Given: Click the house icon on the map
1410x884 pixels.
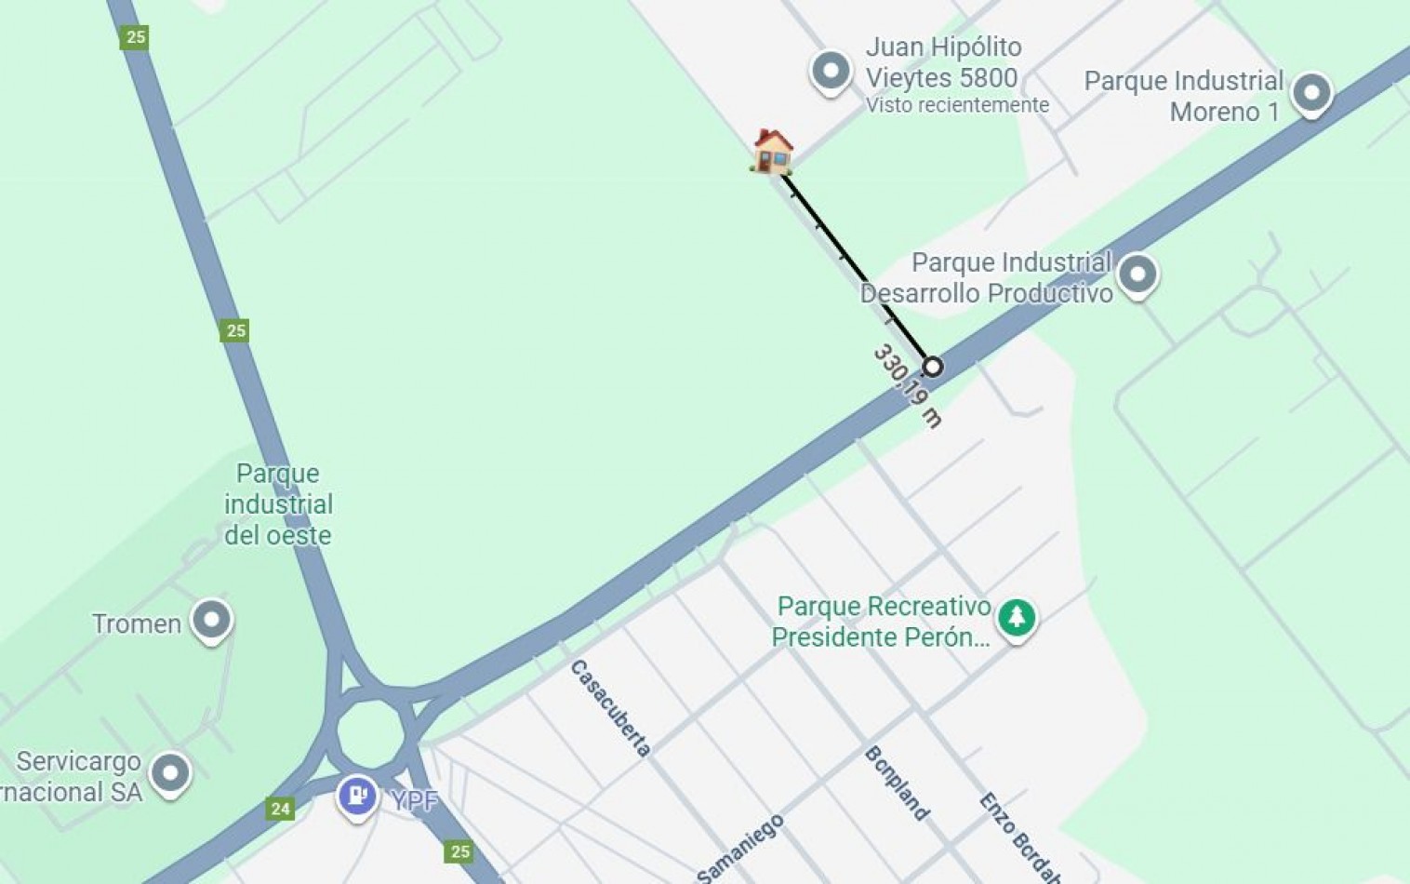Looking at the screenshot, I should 772,151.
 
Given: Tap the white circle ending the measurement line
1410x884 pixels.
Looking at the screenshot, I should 932,367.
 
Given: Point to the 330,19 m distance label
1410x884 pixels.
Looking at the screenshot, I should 907,385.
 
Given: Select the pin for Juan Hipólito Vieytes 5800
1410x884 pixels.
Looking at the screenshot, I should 831,71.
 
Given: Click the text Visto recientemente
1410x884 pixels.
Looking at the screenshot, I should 957,105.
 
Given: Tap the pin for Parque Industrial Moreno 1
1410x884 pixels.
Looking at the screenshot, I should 1311,93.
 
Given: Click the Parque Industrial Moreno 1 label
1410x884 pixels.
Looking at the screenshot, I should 1183,96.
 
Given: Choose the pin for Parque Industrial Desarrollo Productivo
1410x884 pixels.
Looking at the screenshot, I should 1137,275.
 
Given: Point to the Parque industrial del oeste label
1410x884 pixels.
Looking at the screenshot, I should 278,503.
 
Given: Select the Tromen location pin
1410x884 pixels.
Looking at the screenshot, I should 211,620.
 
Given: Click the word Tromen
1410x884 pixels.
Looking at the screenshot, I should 137,623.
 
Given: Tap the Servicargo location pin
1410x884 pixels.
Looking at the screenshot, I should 170,773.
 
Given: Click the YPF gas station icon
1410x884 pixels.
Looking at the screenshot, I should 357,797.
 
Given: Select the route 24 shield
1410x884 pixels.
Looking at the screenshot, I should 280,809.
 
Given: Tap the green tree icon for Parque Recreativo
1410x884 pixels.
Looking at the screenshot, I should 1017,617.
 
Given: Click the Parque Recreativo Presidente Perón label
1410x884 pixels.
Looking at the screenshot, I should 882,622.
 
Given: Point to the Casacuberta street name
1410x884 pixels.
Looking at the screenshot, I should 610,708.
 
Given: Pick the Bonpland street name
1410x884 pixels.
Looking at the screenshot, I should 897,784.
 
